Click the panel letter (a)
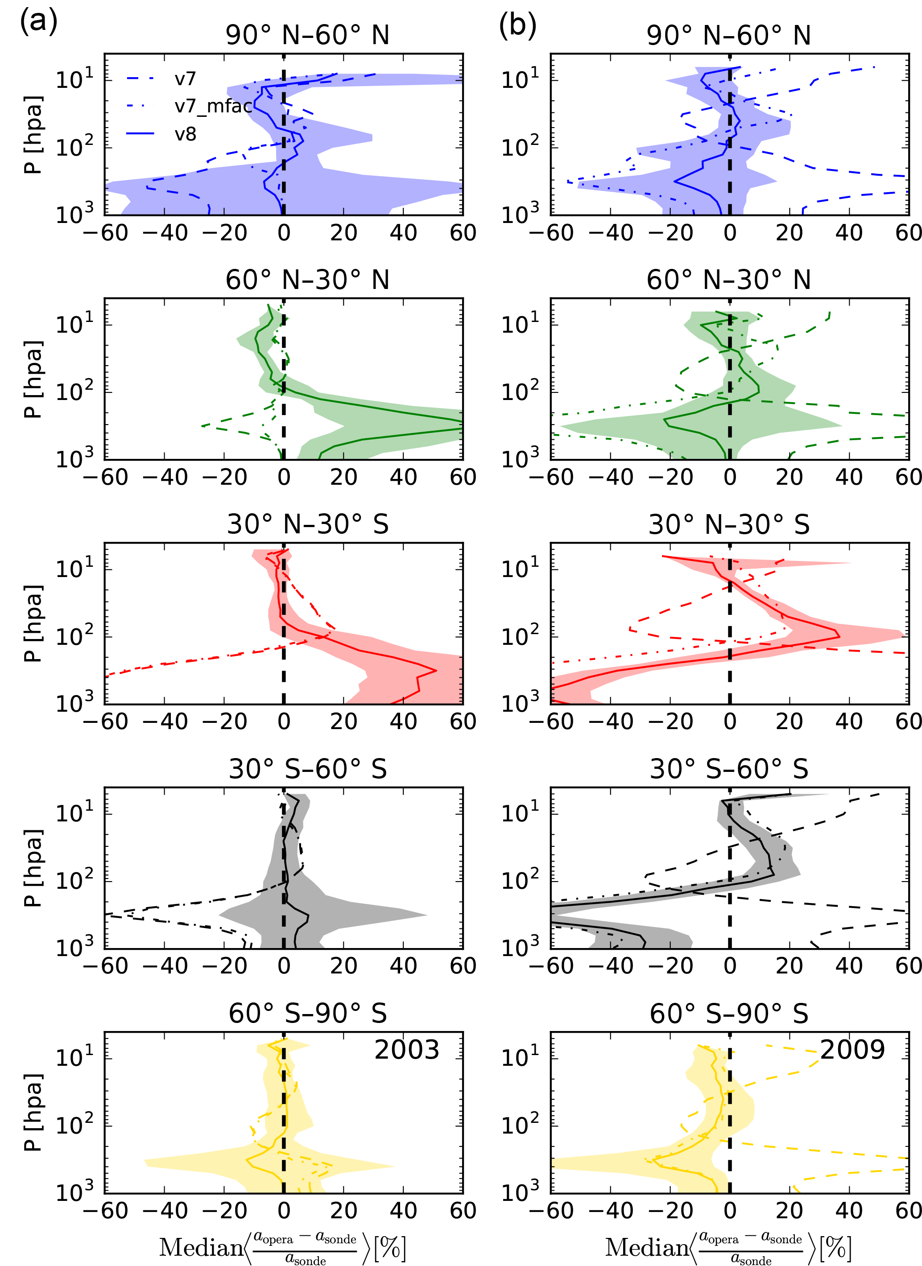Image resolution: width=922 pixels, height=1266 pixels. coord(38,24)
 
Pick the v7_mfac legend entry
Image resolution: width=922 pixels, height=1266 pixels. coord(213,106)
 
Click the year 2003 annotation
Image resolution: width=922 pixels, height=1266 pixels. coord(406,1050)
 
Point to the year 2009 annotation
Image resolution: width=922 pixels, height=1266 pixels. coord(852,1050)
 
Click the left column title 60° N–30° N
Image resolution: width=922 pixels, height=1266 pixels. coord(307,280)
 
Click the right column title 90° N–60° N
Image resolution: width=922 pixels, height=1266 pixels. coord(729,36)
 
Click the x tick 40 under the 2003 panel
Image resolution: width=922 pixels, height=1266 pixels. coord(403,1211)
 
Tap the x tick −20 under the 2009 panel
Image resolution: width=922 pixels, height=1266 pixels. coord(670,1211)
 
